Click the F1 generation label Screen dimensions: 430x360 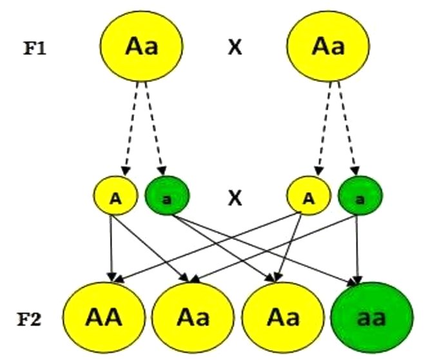(x=34, y=49)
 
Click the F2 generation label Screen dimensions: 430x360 (x=29, y=319)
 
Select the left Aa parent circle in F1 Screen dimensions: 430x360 (x=141, y=46)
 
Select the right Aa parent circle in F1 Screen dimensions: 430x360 (x=328, y=46)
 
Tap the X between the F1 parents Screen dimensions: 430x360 (x=235, y=47)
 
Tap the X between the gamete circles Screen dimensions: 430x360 (x=235, y=198)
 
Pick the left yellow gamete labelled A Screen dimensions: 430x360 (x=115, y=195)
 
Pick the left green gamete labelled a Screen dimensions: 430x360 (x=167, y=195)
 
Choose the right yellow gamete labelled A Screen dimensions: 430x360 (x=309, y=195)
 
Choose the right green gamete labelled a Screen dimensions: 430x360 (x=360, y=195)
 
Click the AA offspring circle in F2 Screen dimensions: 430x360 (x=104, y=317)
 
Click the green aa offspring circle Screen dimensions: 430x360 (x=371, y=317)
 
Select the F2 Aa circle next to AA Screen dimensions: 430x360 (x=193, y=317)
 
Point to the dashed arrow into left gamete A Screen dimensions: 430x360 (x=132, y=128)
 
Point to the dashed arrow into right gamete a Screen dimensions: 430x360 (x=347, y=128)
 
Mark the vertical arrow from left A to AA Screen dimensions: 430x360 (x=111, y=248)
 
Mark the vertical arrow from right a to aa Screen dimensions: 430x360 (x=357, y=249)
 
